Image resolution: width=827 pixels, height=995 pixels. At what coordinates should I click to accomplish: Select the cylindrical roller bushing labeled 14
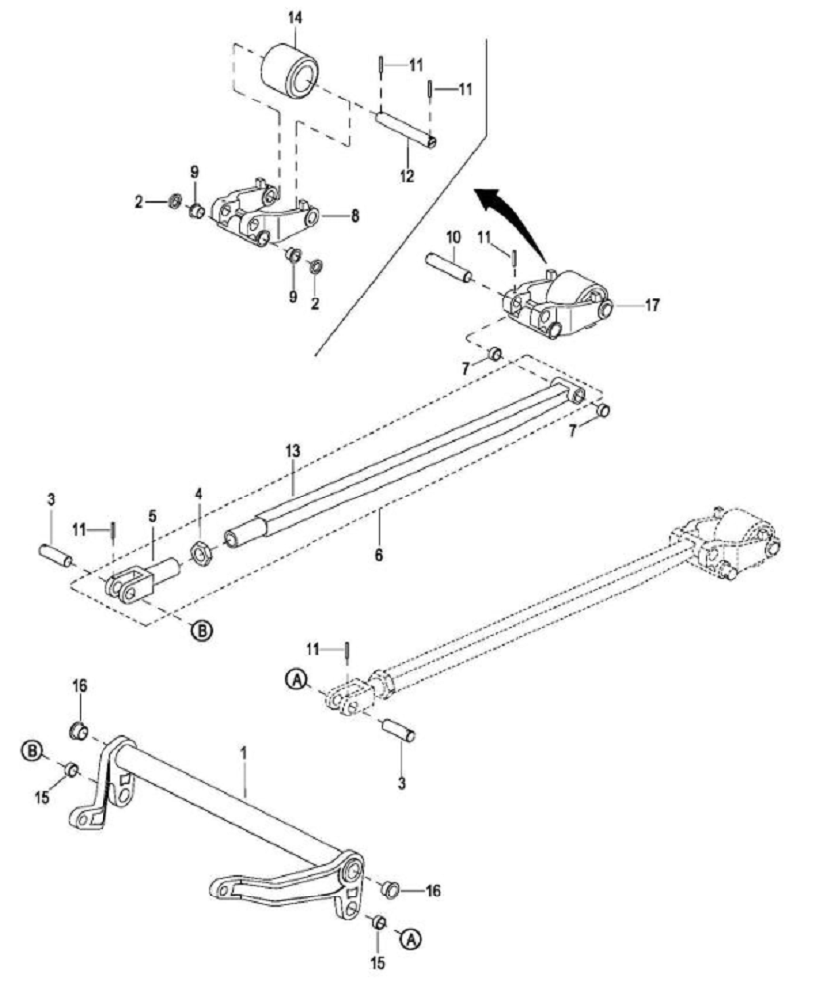(x=290, y=70)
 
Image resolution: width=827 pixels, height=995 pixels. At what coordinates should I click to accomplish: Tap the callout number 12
(x=407, y=176)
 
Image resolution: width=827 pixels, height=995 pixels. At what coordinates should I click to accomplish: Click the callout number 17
(x=652, y=305)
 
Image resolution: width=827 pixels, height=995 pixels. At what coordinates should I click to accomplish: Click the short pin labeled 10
(x=448, y=267)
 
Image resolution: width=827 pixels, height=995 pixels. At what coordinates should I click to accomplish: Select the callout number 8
(x=355, y=216)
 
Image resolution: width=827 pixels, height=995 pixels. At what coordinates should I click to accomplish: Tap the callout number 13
(x=293, y=452)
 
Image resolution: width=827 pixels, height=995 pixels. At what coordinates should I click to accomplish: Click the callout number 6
(x=379, y=554)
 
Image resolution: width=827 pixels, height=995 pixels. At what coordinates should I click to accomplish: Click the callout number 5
(x=152, y=516)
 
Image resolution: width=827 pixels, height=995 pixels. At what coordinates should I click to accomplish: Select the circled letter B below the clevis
(x=202, y=630)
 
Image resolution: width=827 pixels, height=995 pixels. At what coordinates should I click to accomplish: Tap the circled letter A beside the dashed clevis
(x=296, y=679)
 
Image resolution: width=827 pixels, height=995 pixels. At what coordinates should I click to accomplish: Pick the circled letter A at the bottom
(x=412, y=937)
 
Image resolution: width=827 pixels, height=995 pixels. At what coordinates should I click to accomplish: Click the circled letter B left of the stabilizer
(x=31, y=751)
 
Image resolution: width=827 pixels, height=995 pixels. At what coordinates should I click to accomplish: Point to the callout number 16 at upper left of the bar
(x=80, y=686)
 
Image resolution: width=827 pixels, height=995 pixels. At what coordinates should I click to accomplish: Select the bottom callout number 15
(x=377, y=962)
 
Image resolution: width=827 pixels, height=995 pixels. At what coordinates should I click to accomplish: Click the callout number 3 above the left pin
(x=51, y=499)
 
